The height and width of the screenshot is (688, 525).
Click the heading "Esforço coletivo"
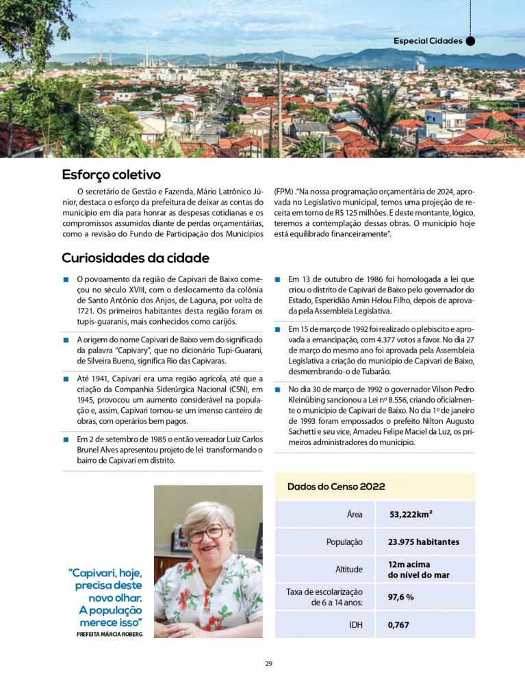(111, 175)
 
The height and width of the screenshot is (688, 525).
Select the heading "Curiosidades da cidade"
(135, 258)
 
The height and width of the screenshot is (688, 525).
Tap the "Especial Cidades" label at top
(428, 41)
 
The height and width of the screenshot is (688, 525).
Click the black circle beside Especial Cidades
(470, 41)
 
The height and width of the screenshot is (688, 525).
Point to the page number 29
(269, 663)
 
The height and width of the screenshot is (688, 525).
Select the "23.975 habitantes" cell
(423, 542)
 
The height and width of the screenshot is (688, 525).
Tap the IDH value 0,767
(398, 625)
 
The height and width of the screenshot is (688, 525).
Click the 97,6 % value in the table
(400, 597)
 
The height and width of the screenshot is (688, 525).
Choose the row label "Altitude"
(349, 570)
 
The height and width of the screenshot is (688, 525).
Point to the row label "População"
(344, 542)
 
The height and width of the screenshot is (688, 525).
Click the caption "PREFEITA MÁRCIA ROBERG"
(110, 635)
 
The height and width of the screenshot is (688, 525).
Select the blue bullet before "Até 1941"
(66, 379)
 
